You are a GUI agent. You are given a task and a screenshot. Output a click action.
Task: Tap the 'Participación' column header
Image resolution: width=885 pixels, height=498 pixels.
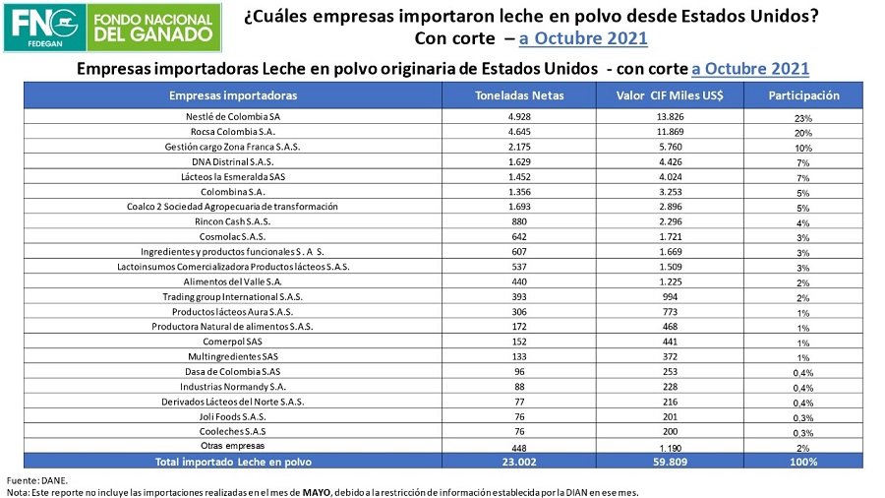(x=803, y=96)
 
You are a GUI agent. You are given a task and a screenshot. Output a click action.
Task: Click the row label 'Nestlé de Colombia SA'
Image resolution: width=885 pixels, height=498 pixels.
(x=233, y=116)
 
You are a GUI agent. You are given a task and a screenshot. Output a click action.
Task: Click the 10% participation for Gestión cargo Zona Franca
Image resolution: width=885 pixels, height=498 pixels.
(x=803, y=148)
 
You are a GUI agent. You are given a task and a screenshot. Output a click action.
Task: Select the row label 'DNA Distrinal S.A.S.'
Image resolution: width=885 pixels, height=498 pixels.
(x=233, y=161)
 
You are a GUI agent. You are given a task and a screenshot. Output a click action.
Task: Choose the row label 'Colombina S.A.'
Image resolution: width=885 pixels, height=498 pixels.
(x=233, y=192)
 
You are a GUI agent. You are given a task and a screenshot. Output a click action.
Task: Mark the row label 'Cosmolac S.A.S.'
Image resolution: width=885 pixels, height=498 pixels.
(x=233, y=236)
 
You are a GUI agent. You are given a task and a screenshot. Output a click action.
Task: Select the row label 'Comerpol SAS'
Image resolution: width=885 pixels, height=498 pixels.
(x=233, y=342)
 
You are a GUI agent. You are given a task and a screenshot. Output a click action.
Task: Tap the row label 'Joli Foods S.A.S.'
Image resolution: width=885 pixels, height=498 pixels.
(x=233, y=416)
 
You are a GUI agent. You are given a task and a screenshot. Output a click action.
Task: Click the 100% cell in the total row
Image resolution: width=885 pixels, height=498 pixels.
(x=803, y=461)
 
